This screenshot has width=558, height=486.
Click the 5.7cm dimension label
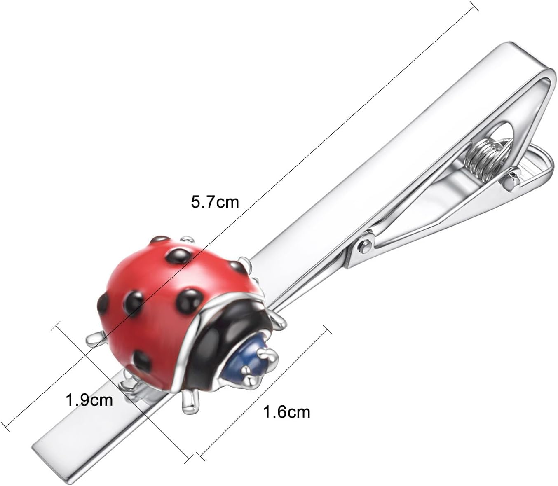point(214,202)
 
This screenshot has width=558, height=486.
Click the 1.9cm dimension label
point(89,399)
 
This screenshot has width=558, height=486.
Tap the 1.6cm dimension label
point(286,411)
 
